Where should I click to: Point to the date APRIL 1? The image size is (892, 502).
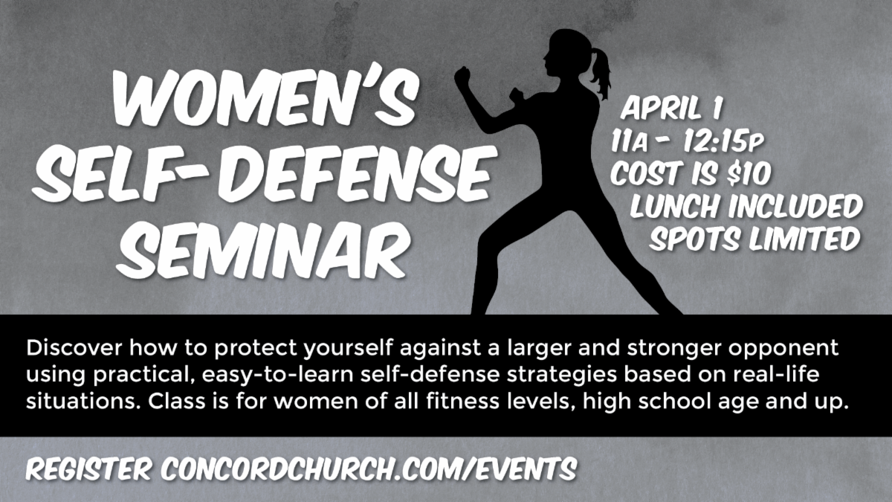click(x=671, y=108)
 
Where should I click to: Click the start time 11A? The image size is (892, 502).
click(x=629, y=141)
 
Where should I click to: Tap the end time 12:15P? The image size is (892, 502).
click(x=723, y=141)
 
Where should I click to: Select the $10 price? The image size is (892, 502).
click(x=749, y=173)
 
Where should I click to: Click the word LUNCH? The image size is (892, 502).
click(x=676, y=206)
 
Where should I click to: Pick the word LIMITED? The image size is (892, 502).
click(x=804, y=239)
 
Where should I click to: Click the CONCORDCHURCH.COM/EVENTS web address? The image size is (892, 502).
click(x=369, y=469)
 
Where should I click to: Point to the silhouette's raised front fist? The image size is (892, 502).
click(x=462, y=75)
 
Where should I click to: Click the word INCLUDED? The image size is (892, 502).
click(x=795, y=206)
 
